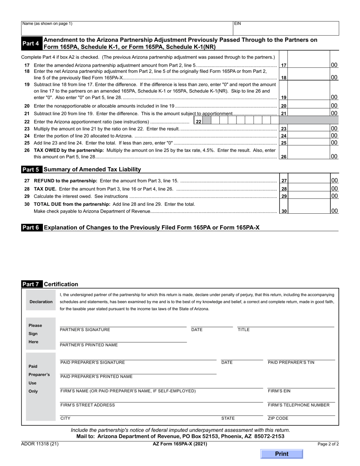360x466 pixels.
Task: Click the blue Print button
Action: pos(282,454)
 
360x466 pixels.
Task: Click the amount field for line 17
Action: pos(308,65)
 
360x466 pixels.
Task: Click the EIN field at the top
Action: pos(286,28)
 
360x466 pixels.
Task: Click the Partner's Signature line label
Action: pos(85,330)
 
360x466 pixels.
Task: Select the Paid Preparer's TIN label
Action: pos(291,363)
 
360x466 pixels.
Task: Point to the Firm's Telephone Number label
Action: pos(299,405)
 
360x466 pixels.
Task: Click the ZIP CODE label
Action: pos(278,419)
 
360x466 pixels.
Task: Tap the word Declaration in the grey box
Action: pos(41,302)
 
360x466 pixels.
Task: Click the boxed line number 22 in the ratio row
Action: pos(198,122)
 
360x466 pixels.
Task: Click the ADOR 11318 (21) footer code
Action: pos(40,444)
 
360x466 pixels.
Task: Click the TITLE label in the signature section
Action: pos(243,330)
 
